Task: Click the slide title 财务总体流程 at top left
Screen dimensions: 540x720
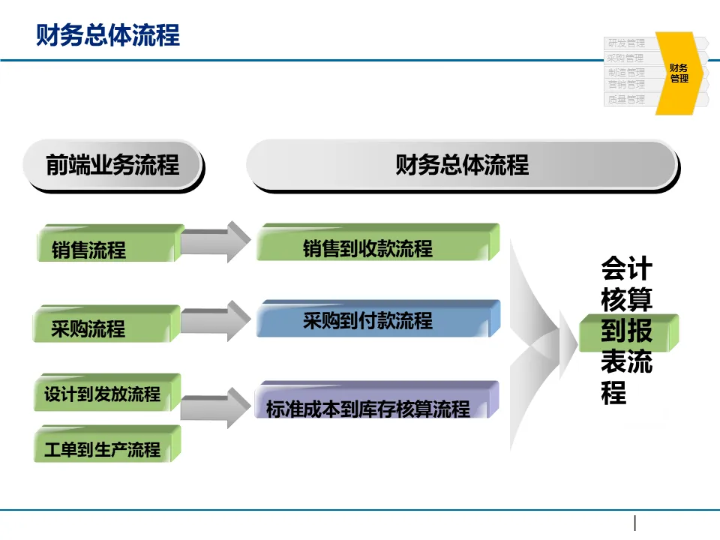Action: (108, 35)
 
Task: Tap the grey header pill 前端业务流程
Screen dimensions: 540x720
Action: (113, 164)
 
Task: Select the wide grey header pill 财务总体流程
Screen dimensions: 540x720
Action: (461, 164)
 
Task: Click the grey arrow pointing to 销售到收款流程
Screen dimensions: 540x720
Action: (215, 241)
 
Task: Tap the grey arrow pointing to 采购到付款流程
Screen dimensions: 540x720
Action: (215, 322)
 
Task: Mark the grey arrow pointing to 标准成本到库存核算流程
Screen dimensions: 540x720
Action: (215, 406)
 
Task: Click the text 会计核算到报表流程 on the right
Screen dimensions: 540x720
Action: (626, 331)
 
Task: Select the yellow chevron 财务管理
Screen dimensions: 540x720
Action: (679, 73)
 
